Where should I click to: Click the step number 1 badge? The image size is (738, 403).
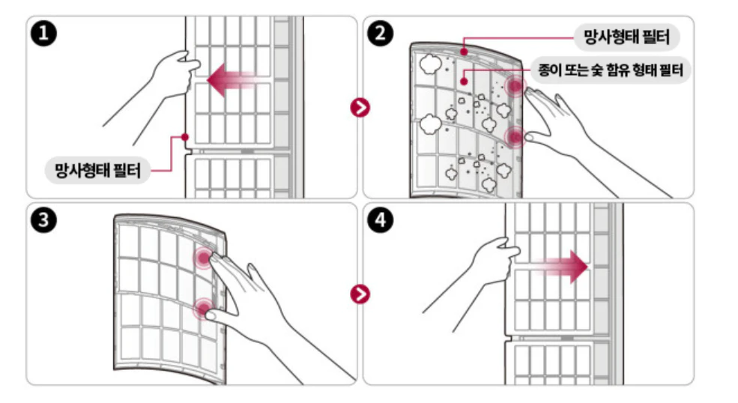43,34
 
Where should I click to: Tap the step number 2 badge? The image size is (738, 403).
380,34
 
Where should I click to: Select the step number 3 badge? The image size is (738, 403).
43,220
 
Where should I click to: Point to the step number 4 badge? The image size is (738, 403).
380,220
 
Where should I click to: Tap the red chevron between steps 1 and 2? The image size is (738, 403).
360,107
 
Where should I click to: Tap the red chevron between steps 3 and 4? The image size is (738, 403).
360,294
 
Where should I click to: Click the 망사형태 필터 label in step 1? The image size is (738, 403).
98,171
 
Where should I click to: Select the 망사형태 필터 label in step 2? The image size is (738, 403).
626,37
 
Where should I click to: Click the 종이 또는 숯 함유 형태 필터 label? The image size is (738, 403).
611,70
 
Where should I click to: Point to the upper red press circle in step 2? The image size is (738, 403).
515,86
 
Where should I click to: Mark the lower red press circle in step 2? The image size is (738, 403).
515,137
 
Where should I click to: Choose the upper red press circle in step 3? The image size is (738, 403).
204,258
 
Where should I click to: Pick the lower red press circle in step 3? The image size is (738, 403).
204,309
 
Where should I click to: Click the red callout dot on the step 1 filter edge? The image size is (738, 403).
185,137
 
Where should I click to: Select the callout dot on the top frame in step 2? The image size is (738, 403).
464,52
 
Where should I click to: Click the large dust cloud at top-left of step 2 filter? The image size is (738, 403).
430,64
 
